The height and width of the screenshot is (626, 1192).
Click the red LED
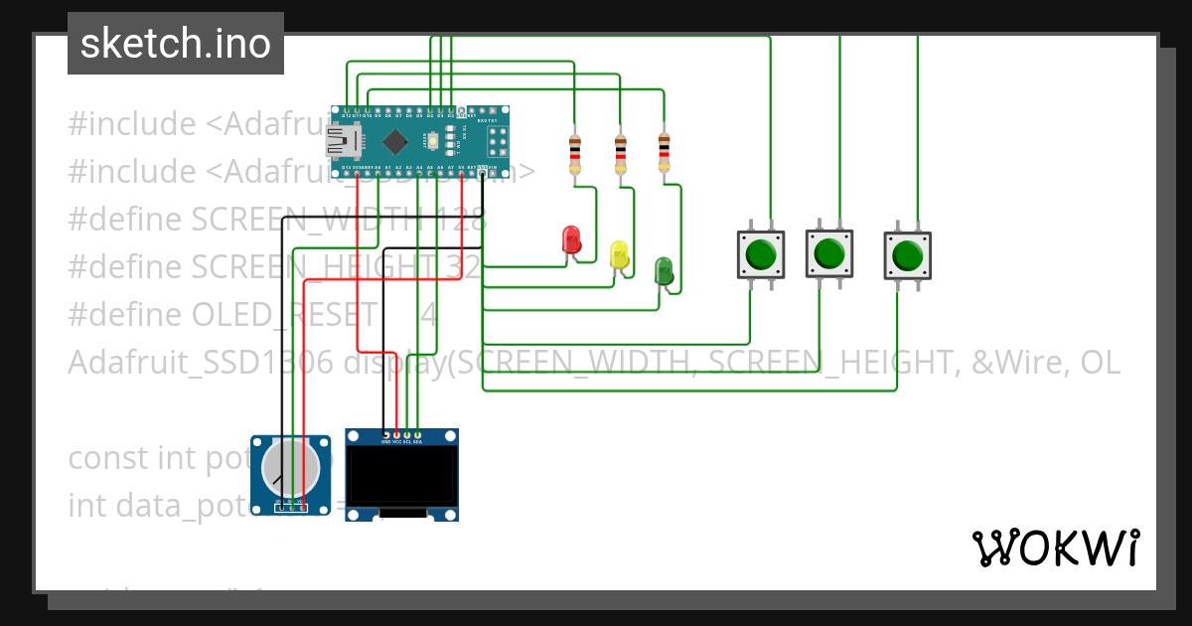(x=571, y=239)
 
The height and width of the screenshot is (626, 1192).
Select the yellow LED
(x=619, y=254)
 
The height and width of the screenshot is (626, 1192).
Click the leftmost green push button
(x=760, y=254)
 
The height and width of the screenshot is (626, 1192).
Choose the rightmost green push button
(x=907, y=255)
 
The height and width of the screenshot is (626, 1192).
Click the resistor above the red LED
(x=574, y=154)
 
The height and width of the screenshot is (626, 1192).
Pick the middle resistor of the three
(x=621, y=154)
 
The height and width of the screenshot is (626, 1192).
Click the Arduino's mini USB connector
(x=343, y=141)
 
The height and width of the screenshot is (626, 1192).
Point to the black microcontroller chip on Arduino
(x=395, y=140)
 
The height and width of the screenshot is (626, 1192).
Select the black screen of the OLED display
(x=401, y=476)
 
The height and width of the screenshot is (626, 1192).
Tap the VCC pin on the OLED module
(x=396, y=435)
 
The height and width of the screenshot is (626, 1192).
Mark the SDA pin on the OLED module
(x=418, y=435)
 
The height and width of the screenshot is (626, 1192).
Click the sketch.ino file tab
(x=176, y=44)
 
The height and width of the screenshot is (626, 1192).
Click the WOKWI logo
(x=1055, y=548)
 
